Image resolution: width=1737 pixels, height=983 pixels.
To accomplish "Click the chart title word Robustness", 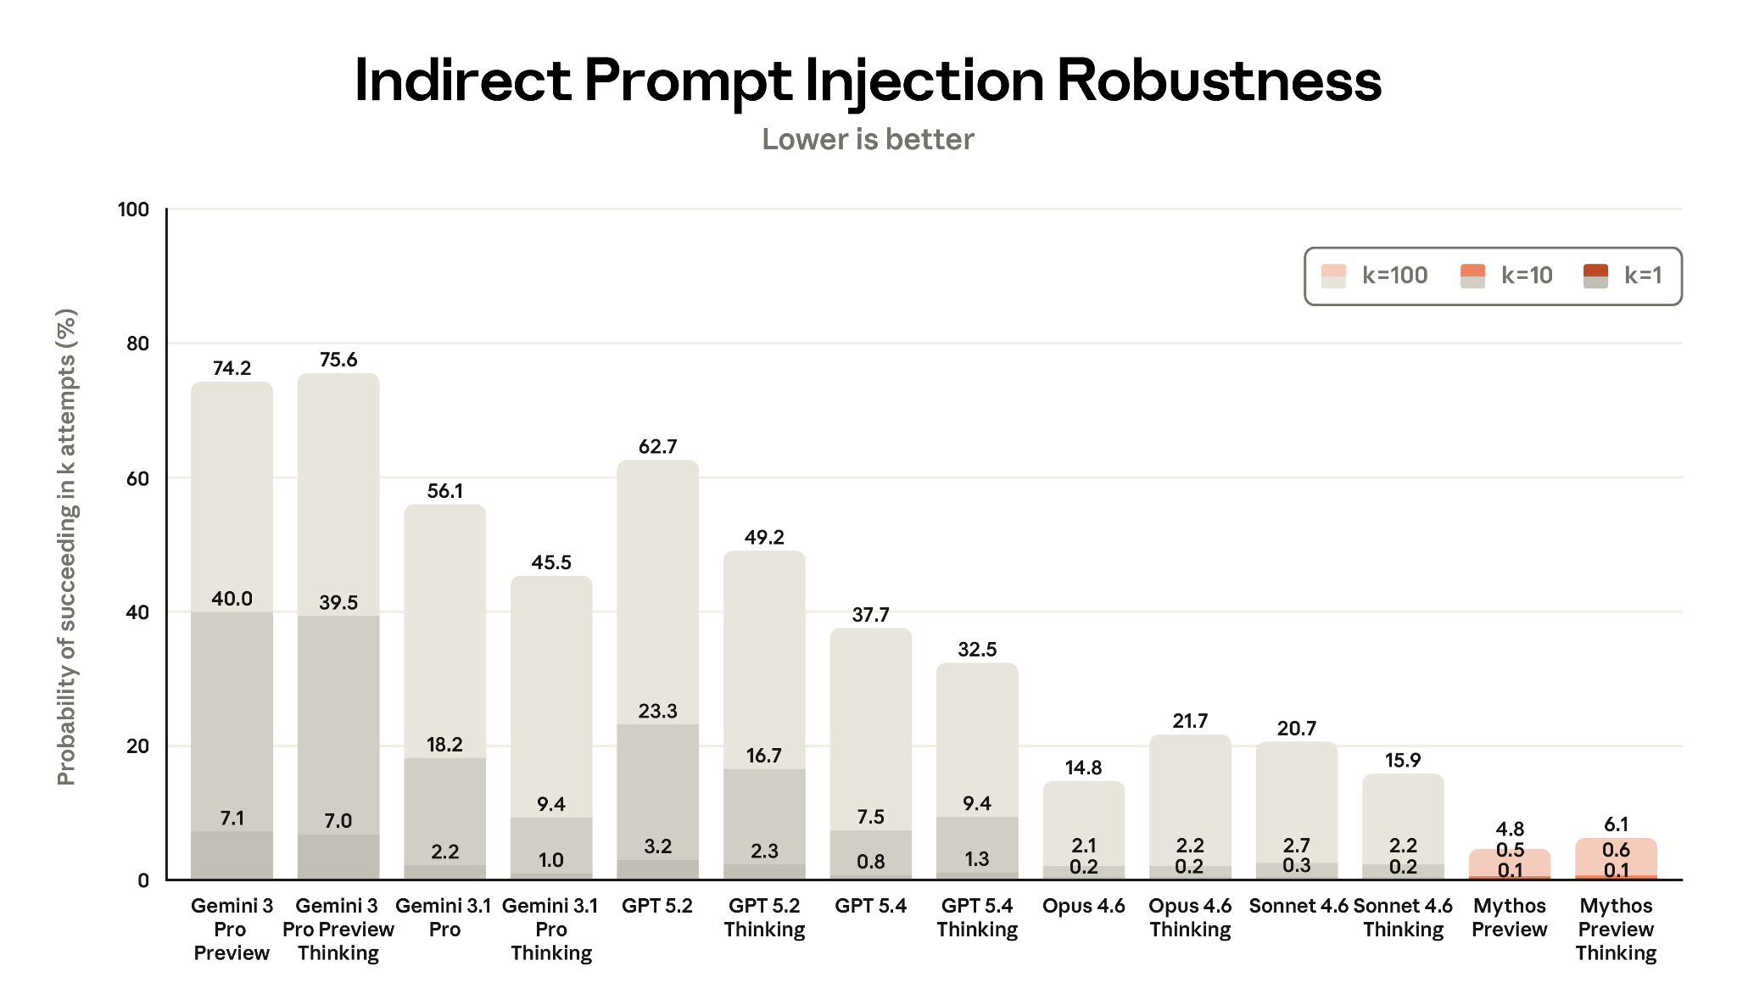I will point(1219,81).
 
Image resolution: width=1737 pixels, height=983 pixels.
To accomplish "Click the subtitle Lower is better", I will point(868,139).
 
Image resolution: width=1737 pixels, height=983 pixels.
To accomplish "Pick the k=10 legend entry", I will point(1506,275).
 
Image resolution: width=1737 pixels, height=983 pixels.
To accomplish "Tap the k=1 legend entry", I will point(1623,275).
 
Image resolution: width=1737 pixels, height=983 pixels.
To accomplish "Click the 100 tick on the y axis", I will point(133,209).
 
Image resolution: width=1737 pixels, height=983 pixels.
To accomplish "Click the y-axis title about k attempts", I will point(66,546).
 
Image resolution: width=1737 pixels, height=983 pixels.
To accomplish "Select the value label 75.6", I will point(338,360).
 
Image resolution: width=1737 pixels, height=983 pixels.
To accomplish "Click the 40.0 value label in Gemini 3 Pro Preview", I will point(232,599).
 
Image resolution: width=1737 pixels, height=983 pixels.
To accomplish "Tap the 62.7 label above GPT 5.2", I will point(657,446).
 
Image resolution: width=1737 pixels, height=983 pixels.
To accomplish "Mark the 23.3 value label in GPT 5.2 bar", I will point(657,711).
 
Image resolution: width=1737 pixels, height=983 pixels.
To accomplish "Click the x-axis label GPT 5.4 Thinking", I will point(977,918).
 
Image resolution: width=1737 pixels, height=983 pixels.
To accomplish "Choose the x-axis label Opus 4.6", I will point(1083,906).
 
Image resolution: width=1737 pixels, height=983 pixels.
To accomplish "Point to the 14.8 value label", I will point(1083,768).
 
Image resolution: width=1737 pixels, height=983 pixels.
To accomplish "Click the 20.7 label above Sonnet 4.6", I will point(1296,729).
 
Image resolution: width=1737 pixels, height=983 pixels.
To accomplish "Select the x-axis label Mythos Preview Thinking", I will point(1616,930).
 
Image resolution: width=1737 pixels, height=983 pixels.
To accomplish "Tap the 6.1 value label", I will point(1616,824).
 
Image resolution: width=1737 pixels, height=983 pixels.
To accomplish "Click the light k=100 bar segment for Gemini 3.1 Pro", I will point(444,628).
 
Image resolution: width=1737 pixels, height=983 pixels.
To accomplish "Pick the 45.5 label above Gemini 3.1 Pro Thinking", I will point(551,562).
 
